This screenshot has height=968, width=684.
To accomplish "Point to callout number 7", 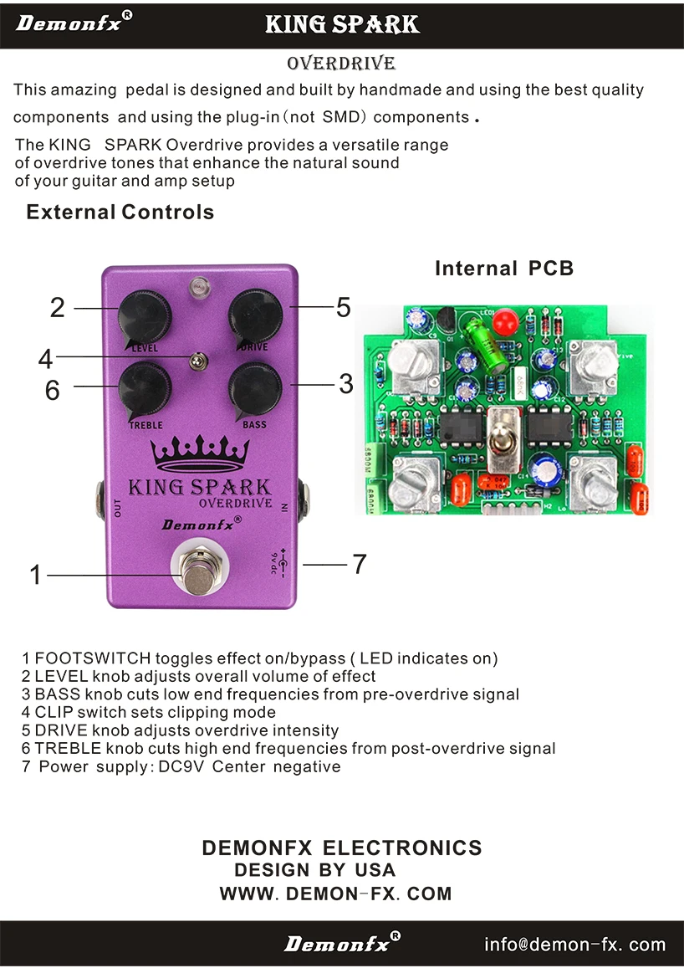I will click(359, 565).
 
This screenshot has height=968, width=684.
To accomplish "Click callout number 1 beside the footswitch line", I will click(35, 575).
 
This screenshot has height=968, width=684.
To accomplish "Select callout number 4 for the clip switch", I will click(45, 359).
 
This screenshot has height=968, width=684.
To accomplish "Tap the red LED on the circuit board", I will click(503, 321).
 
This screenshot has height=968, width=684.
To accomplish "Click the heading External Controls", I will click(120, 212).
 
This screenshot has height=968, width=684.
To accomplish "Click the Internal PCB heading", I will click(504, 269).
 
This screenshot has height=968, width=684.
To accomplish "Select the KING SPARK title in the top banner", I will click(342, 24).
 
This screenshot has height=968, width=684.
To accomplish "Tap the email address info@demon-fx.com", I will click(574, 945).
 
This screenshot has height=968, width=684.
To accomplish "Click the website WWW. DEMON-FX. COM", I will click(335, 894).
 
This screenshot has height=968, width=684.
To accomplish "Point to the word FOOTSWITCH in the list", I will click(92, 658).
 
